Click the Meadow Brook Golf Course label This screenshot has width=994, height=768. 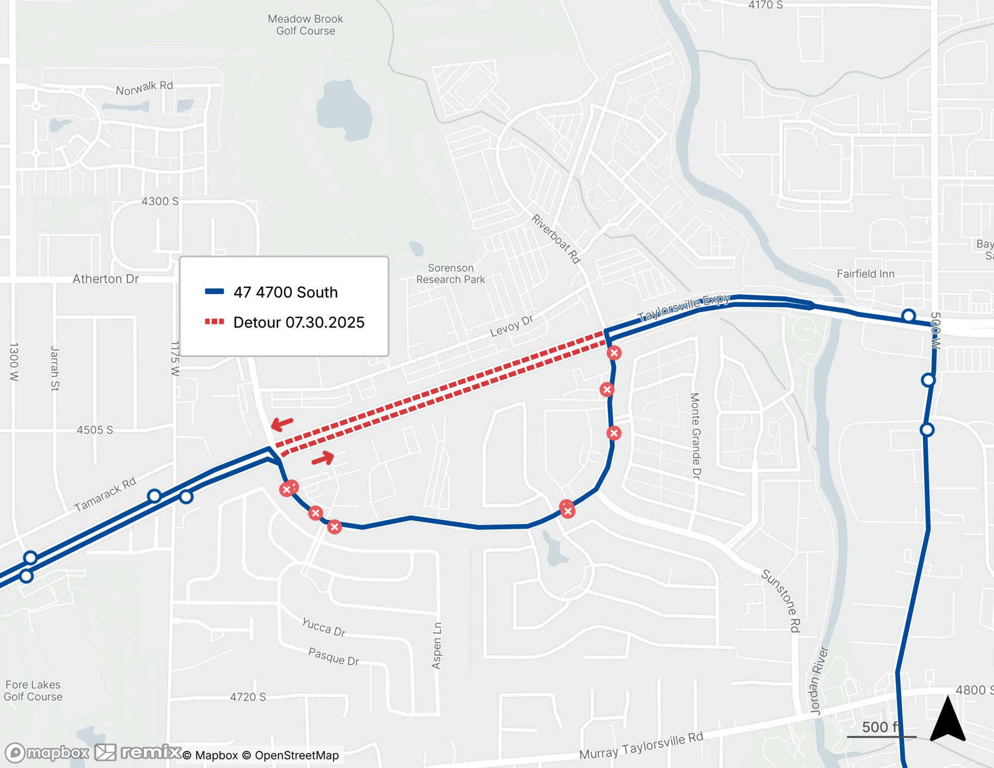coord(305,25)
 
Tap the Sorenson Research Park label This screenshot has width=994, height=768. coord(450,273)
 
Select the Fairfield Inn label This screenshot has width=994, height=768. coord(865,274)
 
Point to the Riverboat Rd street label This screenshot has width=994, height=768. coord(556,239)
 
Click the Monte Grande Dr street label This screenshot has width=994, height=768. coord(695,436)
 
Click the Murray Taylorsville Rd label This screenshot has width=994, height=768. coord(641,746)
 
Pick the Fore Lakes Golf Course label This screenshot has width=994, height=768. coord(33,690)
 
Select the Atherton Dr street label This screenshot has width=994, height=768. coord(105,279)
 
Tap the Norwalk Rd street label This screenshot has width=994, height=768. coord(144,88)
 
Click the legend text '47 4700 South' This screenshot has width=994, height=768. coord(285,292)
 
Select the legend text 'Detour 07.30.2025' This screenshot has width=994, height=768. coord(299,323)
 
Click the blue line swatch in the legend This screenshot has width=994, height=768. coord(214,292)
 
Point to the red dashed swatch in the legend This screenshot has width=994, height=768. coord(214,322)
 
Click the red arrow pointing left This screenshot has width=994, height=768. coord(282,424)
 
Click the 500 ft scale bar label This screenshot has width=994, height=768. coord(881,727)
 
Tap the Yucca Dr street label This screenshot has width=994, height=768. coord(324,627)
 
